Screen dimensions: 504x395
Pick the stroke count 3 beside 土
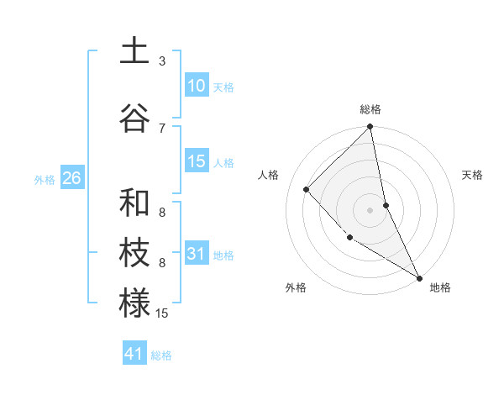[162, 61]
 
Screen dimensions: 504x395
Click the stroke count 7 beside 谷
[162, 128]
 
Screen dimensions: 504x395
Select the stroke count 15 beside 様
[162, 313]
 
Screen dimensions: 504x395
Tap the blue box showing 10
[197, 86]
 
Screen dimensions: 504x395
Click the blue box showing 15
[197, 161]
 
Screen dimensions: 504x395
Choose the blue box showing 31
[197, 254]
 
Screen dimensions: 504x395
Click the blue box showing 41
[134, 354]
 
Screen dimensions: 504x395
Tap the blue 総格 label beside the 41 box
[161, 355]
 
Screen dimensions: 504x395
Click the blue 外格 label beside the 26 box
[45, 179]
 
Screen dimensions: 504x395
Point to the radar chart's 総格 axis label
[370, 109]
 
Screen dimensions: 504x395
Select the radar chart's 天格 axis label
[473, 175]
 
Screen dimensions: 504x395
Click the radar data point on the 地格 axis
[418, 276]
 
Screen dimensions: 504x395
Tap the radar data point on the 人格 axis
[307, 189]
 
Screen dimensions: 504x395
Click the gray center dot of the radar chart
[370, 209]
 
